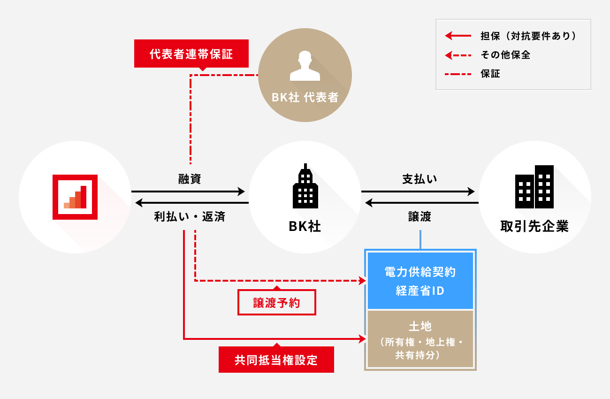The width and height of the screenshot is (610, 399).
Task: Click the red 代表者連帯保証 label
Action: (x=191, y=54)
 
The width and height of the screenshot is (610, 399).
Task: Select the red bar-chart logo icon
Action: (x=75, y=197)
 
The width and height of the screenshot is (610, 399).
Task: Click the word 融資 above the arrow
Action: (x=190, y=179)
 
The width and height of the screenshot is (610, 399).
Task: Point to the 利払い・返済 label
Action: (x=190, y=217)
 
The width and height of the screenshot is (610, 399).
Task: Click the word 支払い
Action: (x=420, y=179)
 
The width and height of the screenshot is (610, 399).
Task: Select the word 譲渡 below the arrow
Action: (x=420, y=217)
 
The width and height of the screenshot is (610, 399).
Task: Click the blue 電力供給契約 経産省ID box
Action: (x=420, y=281)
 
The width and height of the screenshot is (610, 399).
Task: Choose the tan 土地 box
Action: (x=420, y=339)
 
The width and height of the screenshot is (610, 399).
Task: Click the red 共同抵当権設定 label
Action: (x=276, y=360)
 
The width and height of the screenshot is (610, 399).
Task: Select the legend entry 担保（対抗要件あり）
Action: (x=528, y=36)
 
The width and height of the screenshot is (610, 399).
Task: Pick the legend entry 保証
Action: (x=490, y=74)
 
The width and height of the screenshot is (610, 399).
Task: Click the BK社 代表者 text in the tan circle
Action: (x=305, y=97)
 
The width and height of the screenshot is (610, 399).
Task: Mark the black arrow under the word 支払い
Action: (x=418, y=192)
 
